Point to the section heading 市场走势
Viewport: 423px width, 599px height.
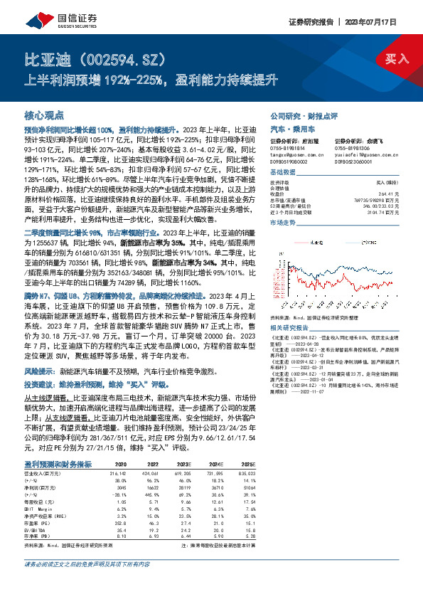point(282,222)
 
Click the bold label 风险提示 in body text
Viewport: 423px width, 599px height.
point(40,371)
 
